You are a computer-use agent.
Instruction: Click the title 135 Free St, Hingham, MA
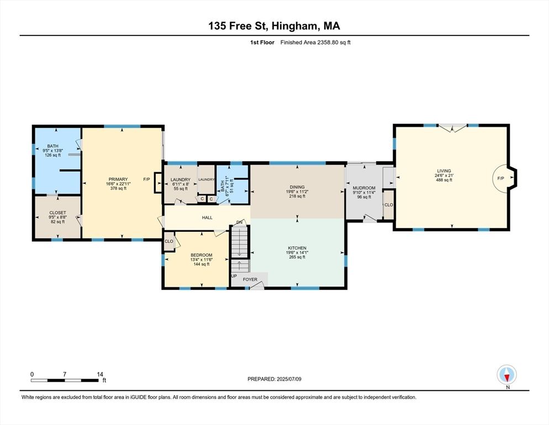274,25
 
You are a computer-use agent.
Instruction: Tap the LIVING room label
444,171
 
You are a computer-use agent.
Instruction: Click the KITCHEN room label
297,248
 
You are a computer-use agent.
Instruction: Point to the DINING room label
296,187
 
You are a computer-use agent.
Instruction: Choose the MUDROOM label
364,188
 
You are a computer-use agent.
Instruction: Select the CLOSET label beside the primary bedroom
58,212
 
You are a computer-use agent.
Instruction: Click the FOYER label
250,279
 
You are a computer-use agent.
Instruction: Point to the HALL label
207,217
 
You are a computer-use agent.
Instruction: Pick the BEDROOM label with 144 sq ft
202,255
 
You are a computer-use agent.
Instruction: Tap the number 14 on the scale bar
99,374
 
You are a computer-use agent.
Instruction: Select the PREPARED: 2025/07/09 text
274,379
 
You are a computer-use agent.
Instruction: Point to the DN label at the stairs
240,222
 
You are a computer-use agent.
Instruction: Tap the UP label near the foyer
234,276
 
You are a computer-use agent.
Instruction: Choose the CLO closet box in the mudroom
388,204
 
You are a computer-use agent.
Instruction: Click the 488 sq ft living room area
444,180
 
